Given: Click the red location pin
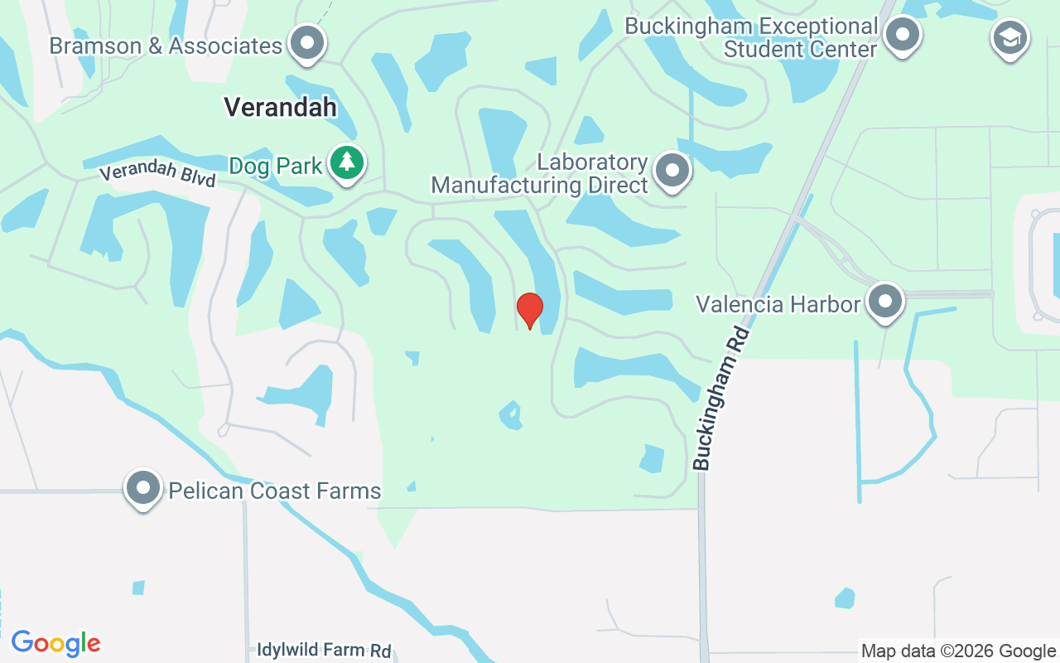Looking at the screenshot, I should tap(530, 309).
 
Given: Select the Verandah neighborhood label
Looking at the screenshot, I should tap(281, 107).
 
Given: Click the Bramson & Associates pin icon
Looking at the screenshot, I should tap(308, 41).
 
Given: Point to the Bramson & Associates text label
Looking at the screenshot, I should tap(166, 46).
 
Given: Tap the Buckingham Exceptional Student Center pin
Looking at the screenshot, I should tap(902, 34).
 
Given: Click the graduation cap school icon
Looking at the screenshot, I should tap(1010, 37).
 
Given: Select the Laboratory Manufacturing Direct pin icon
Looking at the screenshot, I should tap(672, 170).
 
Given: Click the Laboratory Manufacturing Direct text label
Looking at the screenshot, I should tap(540, 173).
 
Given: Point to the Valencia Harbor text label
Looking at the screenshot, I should tap(778, 304).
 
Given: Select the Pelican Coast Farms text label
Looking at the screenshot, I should tap(275, 491).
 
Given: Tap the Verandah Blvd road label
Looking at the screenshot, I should tap(158, 175).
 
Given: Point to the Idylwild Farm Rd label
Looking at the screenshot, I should tap(324, 650).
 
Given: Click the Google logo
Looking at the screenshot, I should tap(56, 643).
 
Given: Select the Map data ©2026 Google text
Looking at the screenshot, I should tap(958, 651).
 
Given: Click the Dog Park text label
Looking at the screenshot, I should tap(276, 166).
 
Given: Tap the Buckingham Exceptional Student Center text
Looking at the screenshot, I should tap(751, 37).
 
